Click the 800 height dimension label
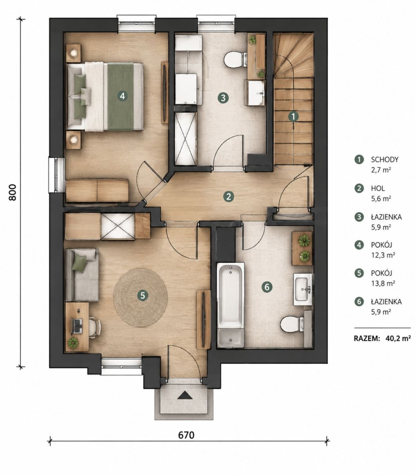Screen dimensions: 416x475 point(12,192)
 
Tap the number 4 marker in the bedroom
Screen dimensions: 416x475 point(123,96)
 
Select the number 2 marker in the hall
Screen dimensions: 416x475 point(229,196)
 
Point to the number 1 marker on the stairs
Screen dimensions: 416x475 point(293,116)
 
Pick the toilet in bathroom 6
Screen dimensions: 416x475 point(292,323)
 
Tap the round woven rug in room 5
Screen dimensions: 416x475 point(140,298)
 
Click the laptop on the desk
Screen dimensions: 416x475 point(77,326)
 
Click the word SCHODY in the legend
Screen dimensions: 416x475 point(385,160)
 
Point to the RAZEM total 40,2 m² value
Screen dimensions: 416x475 point(397,338)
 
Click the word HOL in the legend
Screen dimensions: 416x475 point(378,188)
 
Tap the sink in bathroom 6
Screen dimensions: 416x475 point(303,289)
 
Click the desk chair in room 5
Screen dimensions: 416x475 point(95,327)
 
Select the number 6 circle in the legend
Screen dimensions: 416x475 point(359,301)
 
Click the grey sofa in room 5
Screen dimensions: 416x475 point(82,275)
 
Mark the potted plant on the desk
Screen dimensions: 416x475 point(73,343)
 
